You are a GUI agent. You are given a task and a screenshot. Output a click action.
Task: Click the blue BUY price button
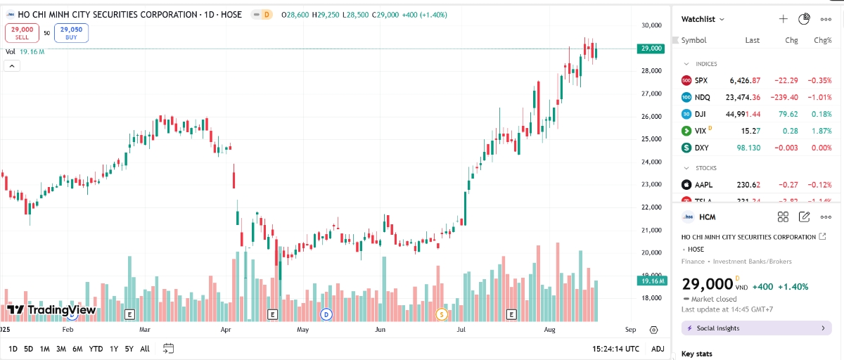pyautogui.click(x=71, y=32)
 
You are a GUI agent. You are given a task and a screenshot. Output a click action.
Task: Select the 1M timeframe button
pyautogui.click(x=44, y=349)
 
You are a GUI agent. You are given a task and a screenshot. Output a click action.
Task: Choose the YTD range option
pyautogui.click(x=96, y=349)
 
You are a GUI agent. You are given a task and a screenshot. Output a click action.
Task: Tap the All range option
pyautogui.click(x=144, y=349)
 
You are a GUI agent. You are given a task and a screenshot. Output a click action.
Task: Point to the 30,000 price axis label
pyautogui.click(x=651, y=25)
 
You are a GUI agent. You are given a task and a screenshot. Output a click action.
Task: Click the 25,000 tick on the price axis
pyautogui.click(x=651, y=139)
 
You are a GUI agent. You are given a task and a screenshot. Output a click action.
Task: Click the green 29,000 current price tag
pyautogui.click(x=651, y=49)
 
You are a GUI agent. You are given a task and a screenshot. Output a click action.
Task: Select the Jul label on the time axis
pyautogui.click(x=461, y=329)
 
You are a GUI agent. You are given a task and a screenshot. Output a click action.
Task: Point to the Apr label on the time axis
pyautogui.click(x=226, y=329)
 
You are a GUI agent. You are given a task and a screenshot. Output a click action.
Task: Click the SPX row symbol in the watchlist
pyautogui.click(x=701, y=80)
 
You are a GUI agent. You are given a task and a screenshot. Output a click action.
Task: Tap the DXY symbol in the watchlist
pyautogui.click(x=701, y=148)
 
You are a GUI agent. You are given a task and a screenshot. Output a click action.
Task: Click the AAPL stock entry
pyautogui.click(x=703, y=185)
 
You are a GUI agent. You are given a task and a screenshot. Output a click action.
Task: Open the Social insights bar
pyautogui.click(x=756, y=328)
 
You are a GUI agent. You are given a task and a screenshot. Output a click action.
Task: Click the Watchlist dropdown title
pyautogui.click(x=703, y=19)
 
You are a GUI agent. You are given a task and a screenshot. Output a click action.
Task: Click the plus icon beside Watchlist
pyautogui.click(x=783, y=19)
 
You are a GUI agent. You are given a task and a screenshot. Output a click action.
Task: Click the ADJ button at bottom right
pyautogui.click(x=657, y=349)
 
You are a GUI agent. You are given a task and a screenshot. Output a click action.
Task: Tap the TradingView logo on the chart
pyautogui.click(x=51, y=309)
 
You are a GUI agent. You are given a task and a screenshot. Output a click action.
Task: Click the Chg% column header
pyautogui.click(x=822, y=40)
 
